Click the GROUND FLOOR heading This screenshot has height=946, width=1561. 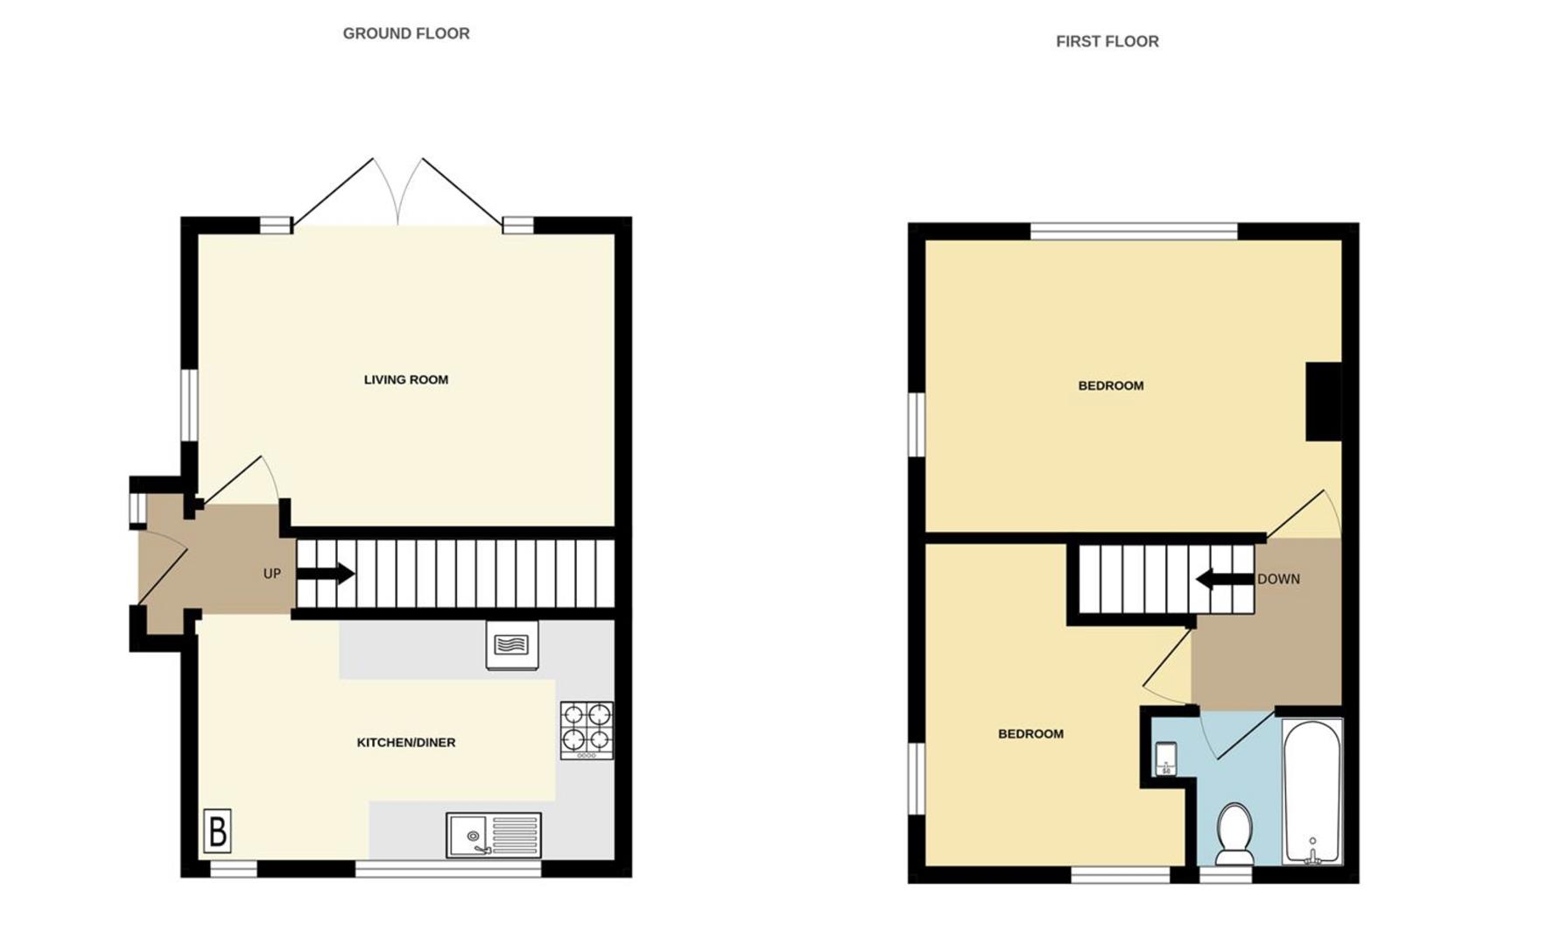coord(405,33)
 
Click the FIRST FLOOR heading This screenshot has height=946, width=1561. coord(1107,41)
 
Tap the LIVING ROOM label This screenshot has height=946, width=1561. coord(405,379)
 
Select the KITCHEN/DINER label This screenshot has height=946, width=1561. coord(405,742)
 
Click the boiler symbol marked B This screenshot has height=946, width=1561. coord(217,830)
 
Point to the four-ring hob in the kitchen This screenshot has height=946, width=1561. coord(587,730)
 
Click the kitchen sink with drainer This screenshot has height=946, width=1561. coord(494,835)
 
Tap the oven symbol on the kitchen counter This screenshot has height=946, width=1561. coord(512,646)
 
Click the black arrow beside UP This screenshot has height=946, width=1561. coord(325,574)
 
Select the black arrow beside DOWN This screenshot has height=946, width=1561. coord(1224,579)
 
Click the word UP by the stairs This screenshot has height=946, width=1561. coord(272,574)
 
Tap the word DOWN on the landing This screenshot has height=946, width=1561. coord(1278,579)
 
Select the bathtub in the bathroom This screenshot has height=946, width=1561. coord(1311,791)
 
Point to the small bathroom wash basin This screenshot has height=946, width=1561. coord(1166,759)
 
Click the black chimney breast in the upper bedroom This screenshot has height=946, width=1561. coord(1323,401)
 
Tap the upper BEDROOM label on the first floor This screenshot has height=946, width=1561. coord(1110,385)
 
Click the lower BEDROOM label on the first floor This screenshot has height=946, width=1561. coord(1030,734)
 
